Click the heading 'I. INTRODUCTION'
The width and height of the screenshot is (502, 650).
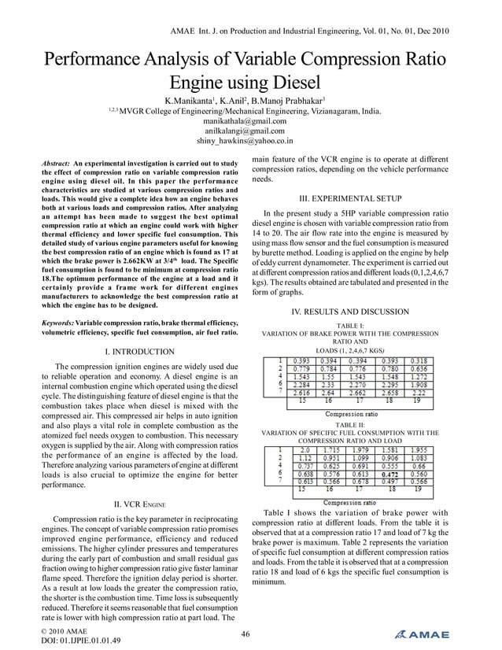139,351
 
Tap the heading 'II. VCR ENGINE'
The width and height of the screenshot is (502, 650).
139,504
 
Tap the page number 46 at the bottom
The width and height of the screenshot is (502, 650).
245,634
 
